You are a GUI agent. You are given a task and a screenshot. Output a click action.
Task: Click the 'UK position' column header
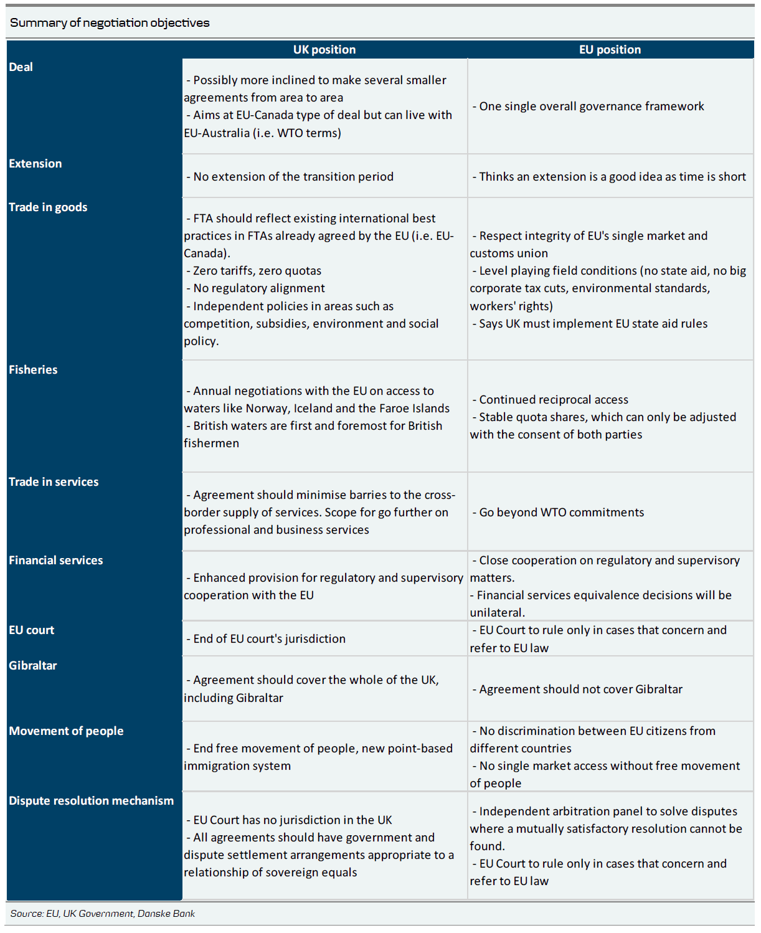(x=324, y=50)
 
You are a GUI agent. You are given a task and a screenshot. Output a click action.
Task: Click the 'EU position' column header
(x=610, y=50)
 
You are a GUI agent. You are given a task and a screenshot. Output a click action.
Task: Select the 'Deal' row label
(x=21, y=67)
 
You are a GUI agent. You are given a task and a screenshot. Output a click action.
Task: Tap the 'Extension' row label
(x=35, y=164)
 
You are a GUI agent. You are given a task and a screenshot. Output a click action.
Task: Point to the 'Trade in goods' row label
(x=48, y=207)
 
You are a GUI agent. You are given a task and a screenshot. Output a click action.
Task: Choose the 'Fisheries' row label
(x=33, y=370)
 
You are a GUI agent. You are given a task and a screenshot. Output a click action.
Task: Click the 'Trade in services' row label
(x=54, y=482)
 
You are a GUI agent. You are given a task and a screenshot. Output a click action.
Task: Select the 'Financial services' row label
(x=56, y=561)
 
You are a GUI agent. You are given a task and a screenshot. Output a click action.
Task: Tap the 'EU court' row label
(x=32, y=630)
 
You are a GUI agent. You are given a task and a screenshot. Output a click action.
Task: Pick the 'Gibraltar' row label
(x=33, y=666)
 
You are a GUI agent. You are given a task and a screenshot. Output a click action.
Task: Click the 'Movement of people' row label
(x=66, y=731)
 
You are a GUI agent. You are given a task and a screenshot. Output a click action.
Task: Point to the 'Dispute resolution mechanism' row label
(x=92, y=801)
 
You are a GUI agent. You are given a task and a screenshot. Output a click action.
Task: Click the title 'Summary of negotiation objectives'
(x=110, y=23)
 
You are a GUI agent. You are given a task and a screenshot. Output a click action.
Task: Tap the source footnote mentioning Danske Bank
(x=103, y=914)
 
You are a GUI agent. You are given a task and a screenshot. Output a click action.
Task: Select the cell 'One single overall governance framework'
(x=591, y=107)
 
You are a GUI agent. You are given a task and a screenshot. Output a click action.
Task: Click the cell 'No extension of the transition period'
(x=293, y=177)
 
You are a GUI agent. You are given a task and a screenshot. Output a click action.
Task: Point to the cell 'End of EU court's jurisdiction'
(x=269, y=639)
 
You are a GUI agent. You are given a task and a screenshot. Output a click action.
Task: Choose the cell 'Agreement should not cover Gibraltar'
(x=580, y=689)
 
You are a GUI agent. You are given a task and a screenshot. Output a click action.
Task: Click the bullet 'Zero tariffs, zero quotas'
(x=257, y=271)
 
